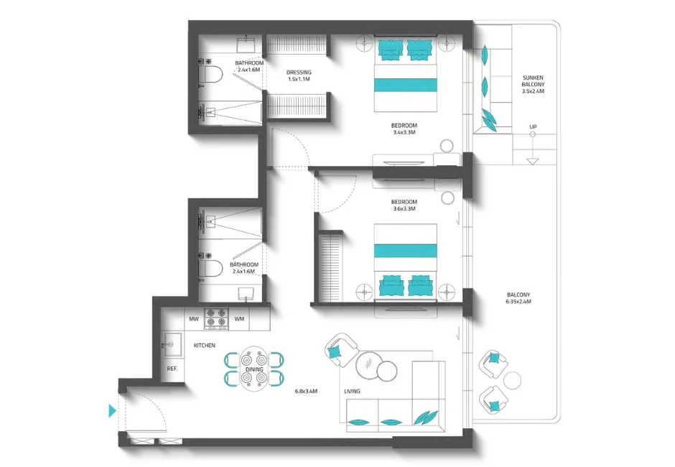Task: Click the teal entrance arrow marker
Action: click(x=111, y=411)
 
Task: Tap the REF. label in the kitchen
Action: click(x=172, y=369)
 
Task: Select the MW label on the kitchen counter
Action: click(x=193, y=318)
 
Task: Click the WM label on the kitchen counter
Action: click(x=239, y=318)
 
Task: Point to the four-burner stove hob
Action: click(x=216, y=317)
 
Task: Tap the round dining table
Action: click(x=254, y=367)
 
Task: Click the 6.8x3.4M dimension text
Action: click(x=306, y=392)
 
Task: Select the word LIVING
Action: click(x=352, y=392)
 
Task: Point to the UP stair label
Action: click(x=532, y=127)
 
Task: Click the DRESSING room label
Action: click(x=298, y=75)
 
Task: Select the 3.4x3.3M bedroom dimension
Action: click(x=405, y=132)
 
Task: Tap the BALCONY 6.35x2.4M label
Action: click(x=518, y=298)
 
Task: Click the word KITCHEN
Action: click(x=205, y=346)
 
